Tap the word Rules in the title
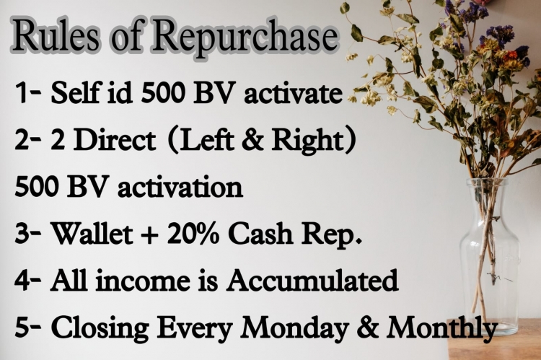56,35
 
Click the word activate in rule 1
293,93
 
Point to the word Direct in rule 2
115,140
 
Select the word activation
180,187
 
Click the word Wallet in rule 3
92,233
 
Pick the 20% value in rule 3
193,233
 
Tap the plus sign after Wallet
150,235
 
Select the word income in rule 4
143,281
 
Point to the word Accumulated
312,280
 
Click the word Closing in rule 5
100,328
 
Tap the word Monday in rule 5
294,329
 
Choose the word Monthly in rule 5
442,329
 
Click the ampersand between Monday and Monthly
367,328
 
